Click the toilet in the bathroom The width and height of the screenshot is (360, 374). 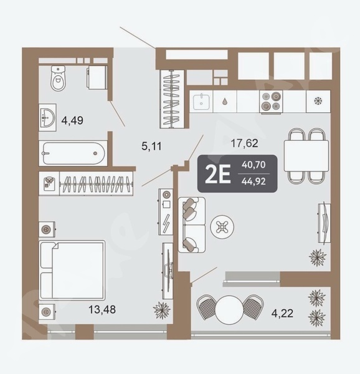(58, 79)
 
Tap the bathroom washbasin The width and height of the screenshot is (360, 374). (47, 117)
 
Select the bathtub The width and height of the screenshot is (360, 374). (73, 153)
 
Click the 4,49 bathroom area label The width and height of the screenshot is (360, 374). (72, 120)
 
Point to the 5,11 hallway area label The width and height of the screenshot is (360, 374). (151, 146)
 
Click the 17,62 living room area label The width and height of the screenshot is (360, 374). (244, 143)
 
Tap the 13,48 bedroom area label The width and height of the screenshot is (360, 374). (102, 310)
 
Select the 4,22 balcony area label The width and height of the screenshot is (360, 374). (282, 313)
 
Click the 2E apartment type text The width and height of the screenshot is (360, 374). (218, 174)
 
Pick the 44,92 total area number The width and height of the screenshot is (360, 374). (253, 182)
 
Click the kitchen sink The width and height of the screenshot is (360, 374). (201, 102)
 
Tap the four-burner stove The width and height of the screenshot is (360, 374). (271, 101)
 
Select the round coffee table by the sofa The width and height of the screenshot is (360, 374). (222, 227)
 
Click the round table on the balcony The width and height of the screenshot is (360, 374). (229, 310)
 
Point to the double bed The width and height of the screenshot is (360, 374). (72, 271)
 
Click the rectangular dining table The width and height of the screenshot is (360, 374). (306, 156)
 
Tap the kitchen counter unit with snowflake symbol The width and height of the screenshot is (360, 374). (318, 101)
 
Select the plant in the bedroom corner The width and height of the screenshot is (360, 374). (162, 310)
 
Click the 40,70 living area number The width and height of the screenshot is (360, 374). (253, 165)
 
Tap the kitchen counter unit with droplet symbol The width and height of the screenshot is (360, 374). (225, 102)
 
